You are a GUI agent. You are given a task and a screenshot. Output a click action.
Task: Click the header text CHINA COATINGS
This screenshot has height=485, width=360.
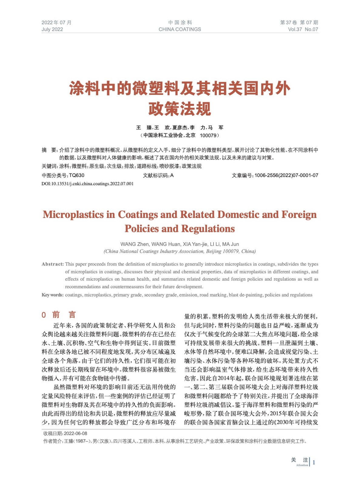point(180,29)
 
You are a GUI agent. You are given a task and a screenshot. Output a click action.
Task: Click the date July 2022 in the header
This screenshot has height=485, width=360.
point(52,29)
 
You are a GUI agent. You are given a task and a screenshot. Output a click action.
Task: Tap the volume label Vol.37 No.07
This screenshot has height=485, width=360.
point(303,29)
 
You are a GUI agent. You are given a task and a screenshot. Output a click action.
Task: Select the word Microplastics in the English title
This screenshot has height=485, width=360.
point(73,215)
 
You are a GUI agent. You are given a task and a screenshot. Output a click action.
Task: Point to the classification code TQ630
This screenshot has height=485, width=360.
point(77,175)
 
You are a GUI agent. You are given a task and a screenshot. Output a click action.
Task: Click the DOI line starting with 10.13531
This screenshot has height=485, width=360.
point(87,184)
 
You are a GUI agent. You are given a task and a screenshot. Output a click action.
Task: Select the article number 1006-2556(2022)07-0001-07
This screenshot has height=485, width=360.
point(286,175)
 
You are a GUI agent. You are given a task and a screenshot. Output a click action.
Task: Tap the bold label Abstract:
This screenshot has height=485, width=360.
point(53,264)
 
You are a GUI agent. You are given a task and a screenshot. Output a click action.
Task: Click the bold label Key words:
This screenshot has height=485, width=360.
point(52,295)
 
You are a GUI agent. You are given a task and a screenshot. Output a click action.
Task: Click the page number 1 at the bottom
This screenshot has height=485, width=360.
point(314,462)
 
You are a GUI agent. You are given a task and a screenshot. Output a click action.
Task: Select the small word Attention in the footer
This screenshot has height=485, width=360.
point(302,465)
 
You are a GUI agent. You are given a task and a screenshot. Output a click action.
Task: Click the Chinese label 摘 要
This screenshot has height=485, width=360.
point(49,150)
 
